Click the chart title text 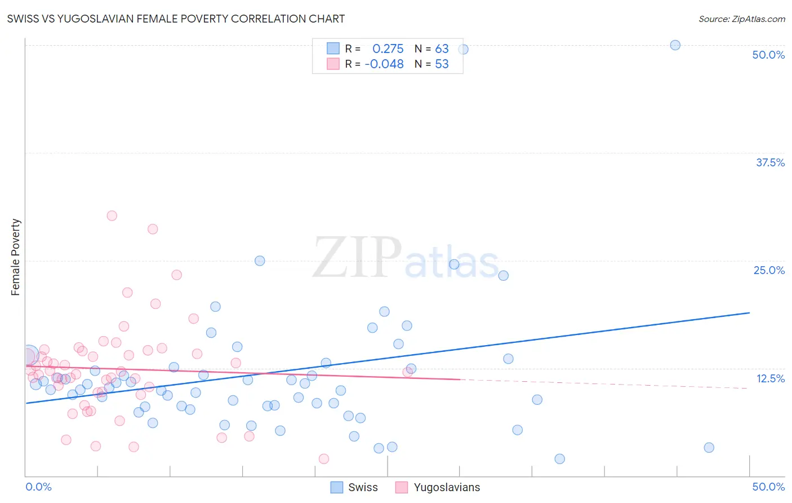176,19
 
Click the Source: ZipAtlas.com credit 741,19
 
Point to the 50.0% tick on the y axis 768,55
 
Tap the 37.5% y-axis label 770,162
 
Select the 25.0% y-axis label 769,270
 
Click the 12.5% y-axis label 770,378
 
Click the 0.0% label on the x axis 38,487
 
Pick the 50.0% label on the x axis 768,487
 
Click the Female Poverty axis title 16,257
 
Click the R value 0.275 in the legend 388,49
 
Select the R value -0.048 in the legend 384,64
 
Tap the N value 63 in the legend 442,49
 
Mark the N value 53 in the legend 442,64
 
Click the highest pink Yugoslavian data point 112,215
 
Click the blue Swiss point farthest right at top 675,45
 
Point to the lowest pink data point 324,459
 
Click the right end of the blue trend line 749,312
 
